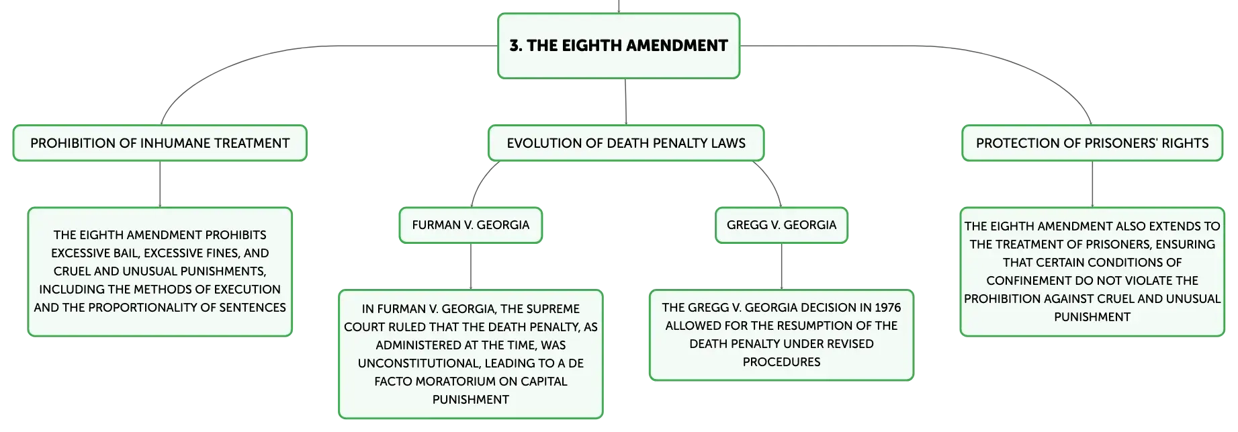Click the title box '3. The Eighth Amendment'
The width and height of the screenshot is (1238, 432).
click(x=619, y=46)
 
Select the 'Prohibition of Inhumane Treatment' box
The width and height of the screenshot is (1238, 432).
click(x=160, y=143)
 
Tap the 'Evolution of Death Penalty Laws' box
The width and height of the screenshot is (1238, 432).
click(x=626, y=143)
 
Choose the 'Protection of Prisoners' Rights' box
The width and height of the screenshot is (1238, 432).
click(x=1092, y=143)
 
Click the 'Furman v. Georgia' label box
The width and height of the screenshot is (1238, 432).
click(x=471, y=225)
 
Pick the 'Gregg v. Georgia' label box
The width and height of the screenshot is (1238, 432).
click(x=781, y=225)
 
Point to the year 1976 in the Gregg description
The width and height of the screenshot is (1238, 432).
click(x=887, y=308)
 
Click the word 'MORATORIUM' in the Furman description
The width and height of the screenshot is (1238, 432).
click(x=460, y=382)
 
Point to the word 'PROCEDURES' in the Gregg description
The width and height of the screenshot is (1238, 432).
click(x=781, y=362)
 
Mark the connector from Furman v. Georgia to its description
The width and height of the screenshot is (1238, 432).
click(x=471, y=267)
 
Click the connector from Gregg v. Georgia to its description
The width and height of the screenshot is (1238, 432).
click(x=781, y=267)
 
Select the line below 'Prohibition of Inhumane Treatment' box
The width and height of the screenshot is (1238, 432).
click(x=160, y=185)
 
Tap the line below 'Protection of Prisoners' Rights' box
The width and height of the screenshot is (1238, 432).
click(x=1092, y=185)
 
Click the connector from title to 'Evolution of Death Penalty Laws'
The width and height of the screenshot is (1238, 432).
click(x=625, y=102)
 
